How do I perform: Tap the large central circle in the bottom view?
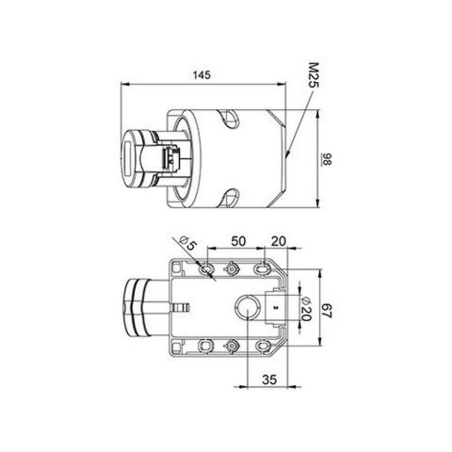(247, 308)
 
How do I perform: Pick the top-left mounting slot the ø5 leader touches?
(206, 269)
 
